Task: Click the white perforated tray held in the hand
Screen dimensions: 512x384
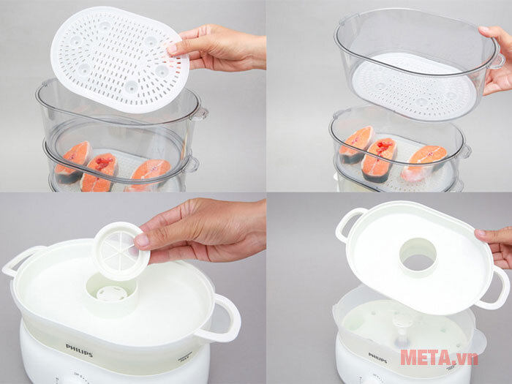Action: tap(119, 59)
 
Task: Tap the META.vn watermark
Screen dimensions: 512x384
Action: tap(439, 358)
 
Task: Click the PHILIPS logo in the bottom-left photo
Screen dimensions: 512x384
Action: tap(79, 350)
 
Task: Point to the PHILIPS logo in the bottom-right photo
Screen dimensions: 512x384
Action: tap(378, 358)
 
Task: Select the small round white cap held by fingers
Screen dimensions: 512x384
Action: tap(121, 251)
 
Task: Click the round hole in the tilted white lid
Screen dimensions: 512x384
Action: tap(418, 257)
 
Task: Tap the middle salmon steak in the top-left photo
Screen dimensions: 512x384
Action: tap(99, 172)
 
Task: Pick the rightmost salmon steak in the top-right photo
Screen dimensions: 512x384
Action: tap(424, 162)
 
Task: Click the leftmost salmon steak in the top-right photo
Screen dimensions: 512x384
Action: tap(356, 144)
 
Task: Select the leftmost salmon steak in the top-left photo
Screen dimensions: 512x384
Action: tap(73, 162)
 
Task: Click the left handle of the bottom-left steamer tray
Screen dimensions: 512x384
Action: tap(20, 260)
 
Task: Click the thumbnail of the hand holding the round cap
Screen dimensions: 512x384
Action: tap(143, 241)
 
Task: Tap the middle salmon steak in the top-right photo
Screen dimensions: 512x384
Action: tap(379, 159)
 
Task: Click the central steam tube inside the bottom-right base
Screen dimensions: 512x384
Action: tap(402, 332)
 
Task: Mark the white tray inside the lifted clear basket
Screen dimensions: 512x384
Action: tap(415, 86)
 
